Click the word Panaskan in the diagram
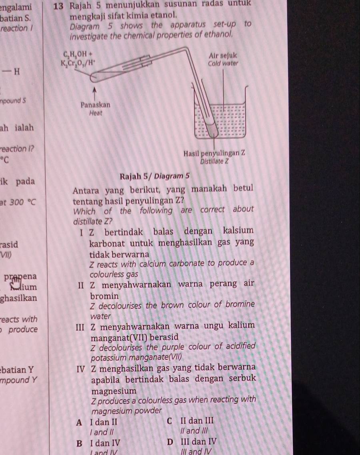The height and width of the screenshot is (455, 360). coord(95,105)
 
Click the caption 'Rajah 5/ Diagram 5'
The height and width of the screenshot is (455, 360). coord(154,176)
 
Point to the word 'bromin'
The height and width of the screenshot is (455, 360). coord(104,297)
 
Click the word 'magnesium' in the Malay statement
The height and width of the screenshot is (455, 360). coord(114,390)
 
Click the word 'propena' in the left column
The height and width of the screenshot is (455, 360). coord(20,277)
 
